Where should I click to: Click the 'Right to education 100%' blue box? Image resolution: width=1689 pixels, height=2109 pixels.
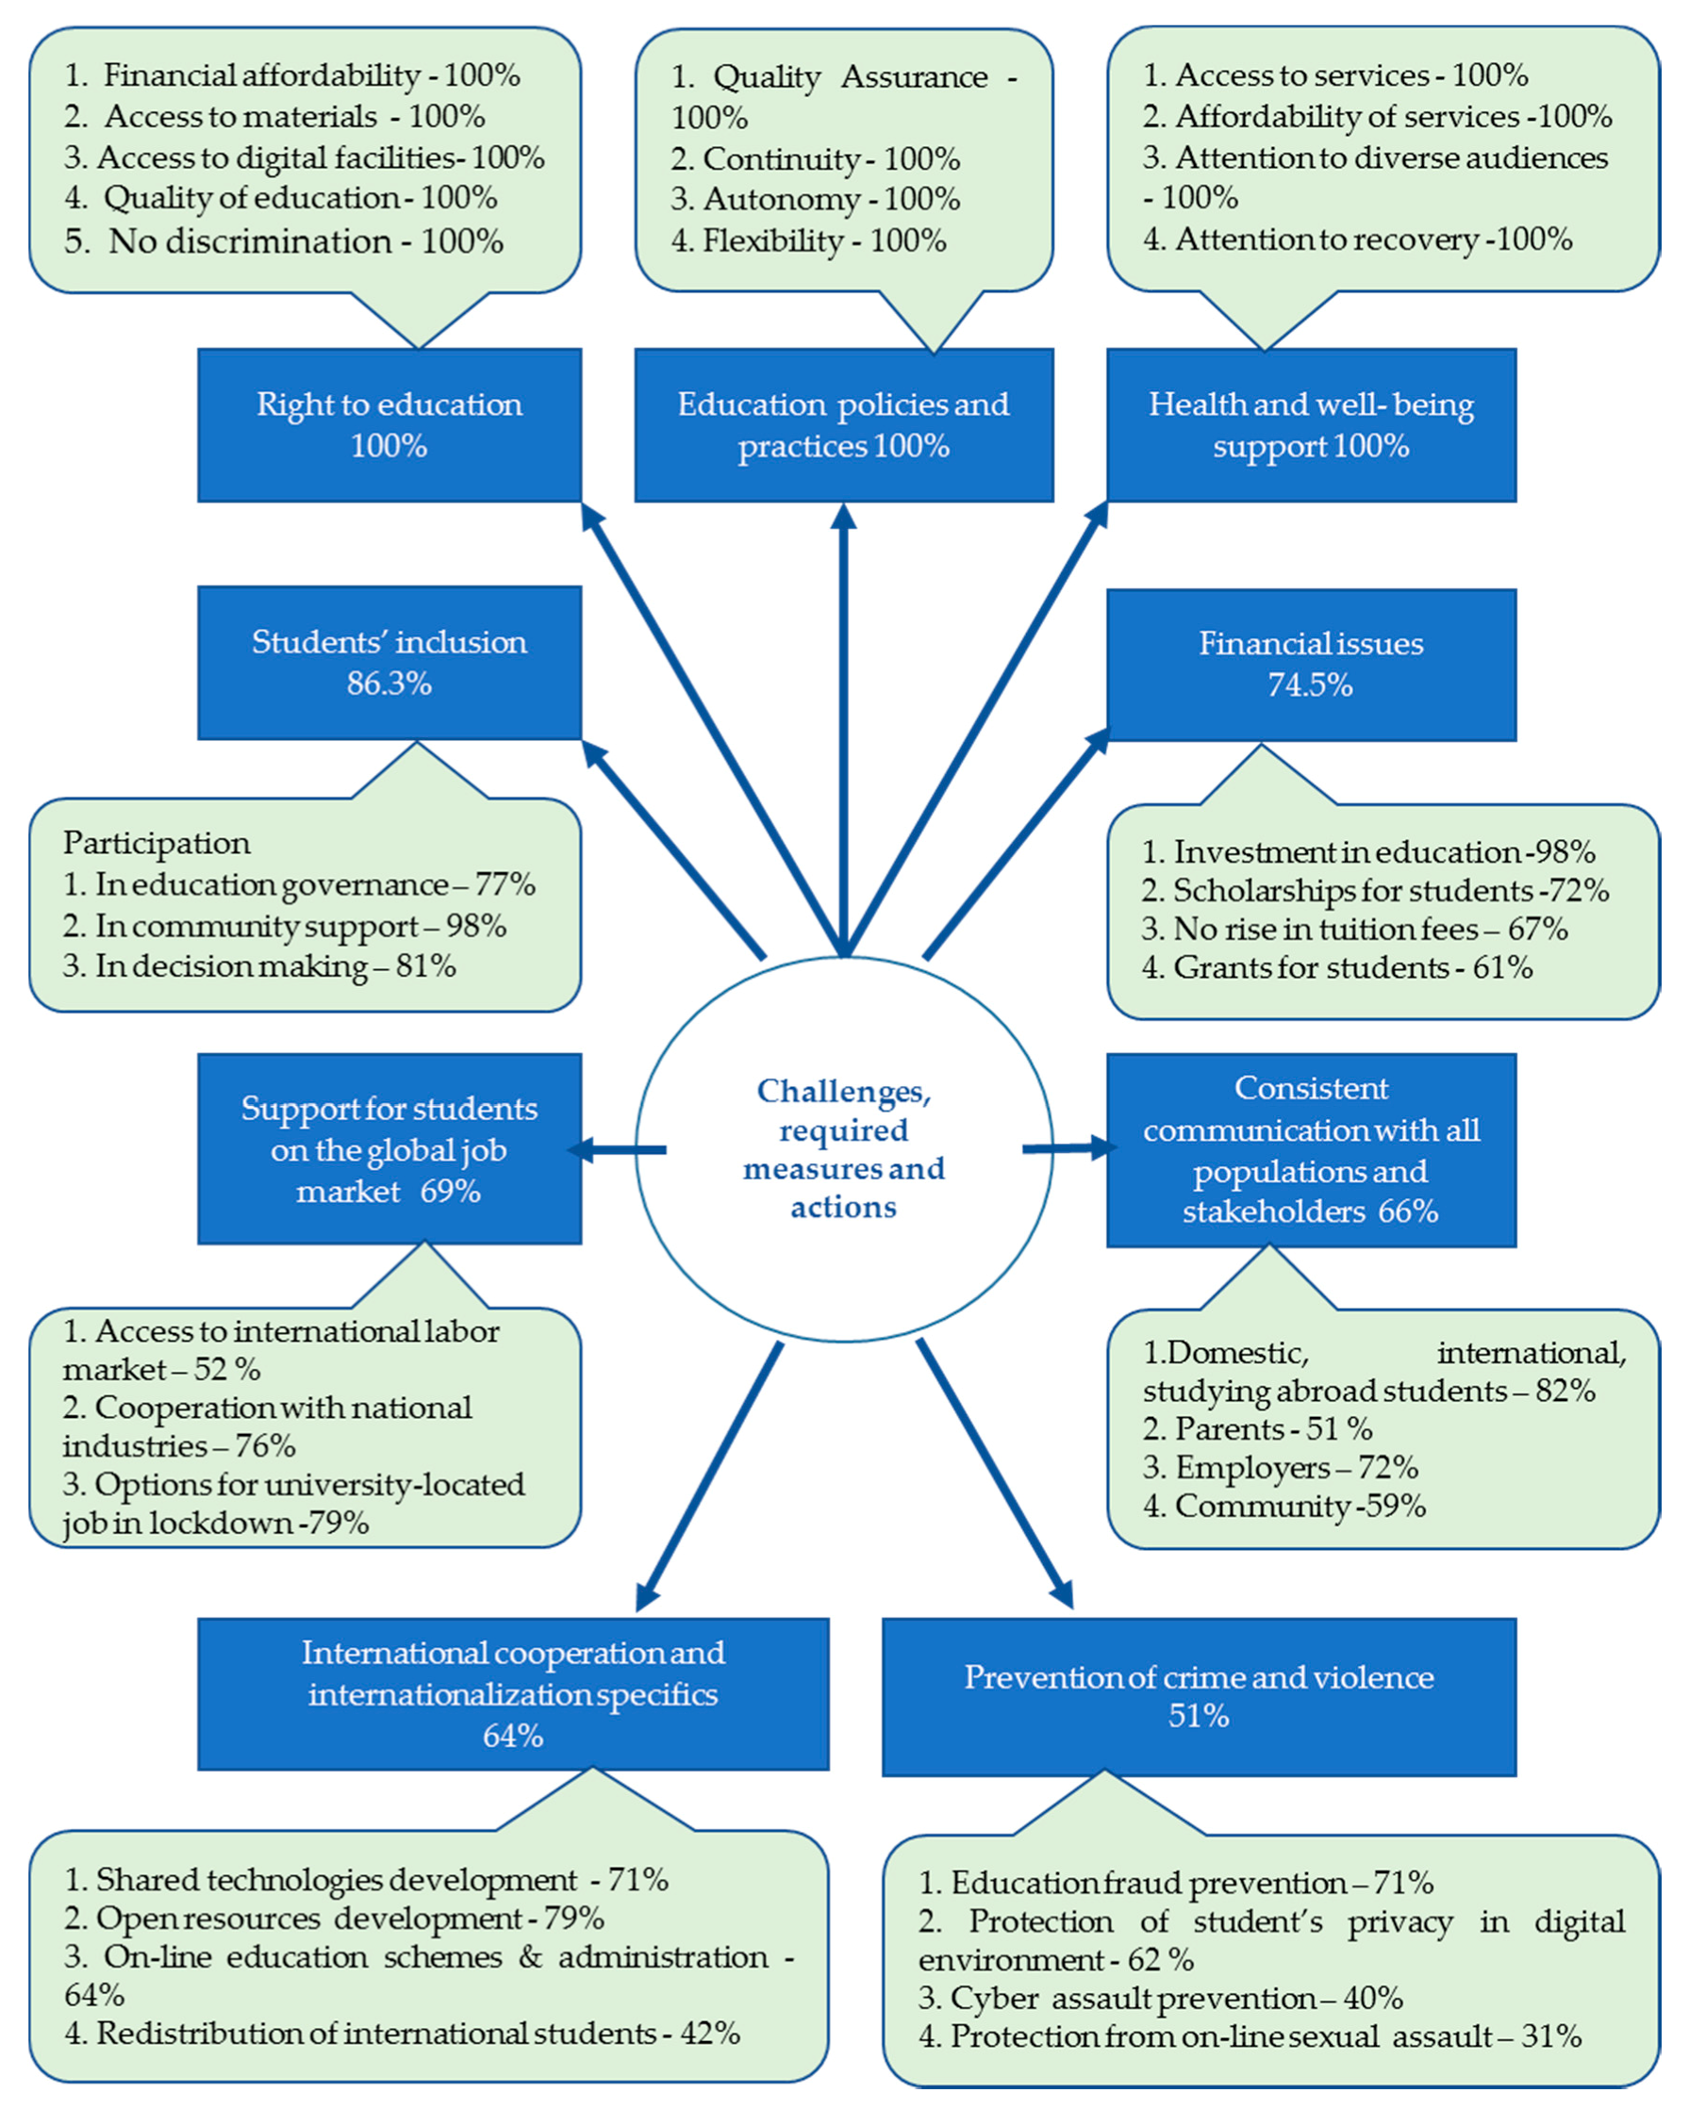389,425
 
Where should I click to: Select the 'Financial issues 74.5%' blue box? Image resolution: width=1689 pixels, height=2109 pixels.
1310,665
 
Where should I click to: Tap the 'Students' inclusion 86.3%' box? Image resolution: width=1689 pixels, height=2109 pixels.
389,662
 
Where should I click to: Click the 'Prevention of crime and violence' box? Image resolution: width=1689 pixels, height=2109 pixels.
1198,1696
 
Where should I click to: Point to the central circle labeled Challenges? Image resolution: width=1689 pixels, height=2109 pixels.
843,1148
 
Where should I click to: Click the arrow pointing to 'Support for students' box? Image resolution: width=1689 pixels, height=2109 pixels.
617,1149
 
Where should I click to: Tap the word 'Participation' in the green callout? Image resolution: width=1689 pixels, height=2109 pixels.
157,843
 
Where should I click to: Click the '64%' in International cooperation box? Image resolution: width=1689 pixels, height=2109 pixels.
513,1736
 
